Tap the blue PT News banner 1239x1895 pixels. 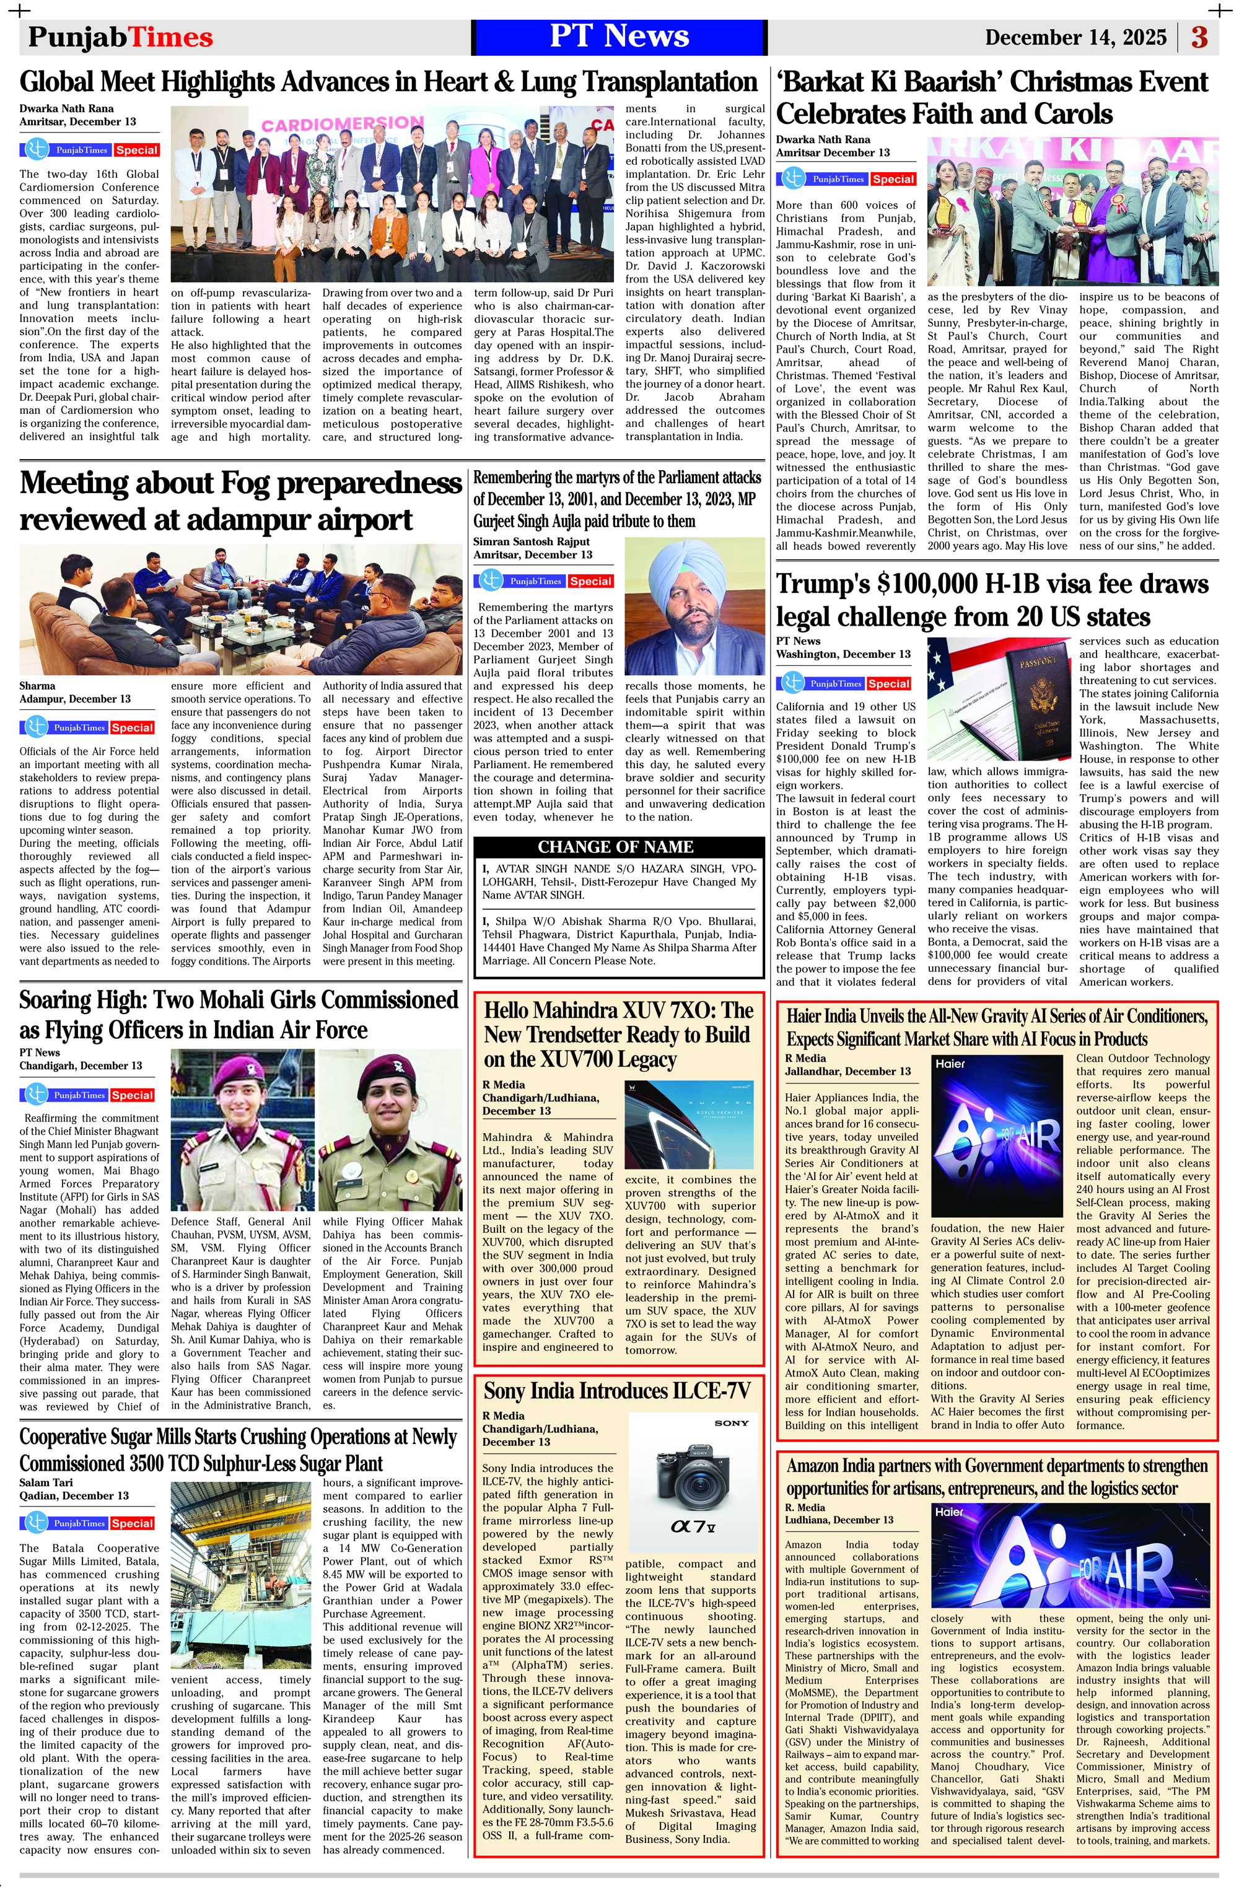point(619,37)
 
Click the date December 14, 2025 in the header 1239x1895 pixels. point(1075,37)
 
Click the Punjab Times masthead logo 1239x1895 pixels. point(120,37)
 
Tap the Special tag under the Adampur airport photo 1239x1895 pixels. point(132,728)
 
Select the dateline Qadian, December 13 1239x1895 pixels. point(74,1495)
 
